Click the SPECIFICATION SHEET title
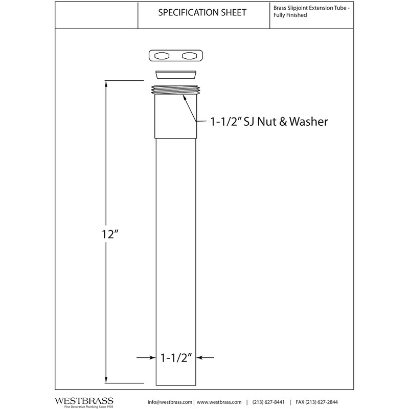(x=202, y=12)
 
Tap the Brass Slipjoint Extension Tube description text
(x=311, y=11)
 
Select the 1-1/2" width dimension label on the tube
(x=176, y=357)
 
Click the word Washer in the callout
(x=309, y=122)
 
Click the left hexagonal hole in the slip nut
(x=162, y=56)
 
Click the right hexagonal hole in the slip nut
(x=189, y=56)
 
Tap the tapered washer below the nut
(x=176, y=75)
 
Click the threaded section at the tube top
(x=175, y=89)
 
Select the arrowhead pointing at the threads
(x=185, y=98)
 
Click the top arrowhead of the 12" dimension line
(x=106, y=84)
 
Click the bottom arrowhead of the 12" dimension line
(x=106, y=380)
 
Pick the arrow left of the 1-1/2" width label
(x=146, y=357)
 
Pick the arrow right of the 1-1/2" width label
(x=205, y=357)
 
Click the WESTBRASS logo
(x=84, y=402)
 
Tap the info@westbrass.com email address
(x=170, y=402)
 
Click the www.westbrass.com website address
(x=219, y=402)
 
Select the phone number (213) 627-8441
(x=268, y=402)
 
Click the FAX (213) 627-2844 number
(x=316, y=402)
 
